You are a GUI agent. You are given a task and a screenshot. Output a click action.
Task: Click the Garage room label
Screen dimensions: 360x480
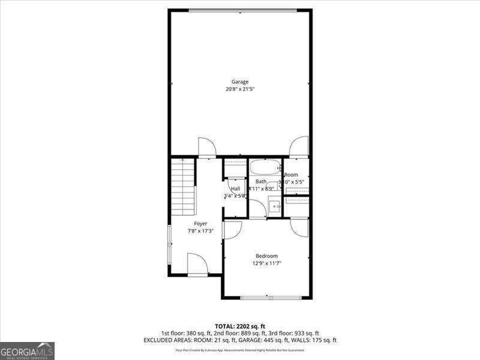[x=240, y=82]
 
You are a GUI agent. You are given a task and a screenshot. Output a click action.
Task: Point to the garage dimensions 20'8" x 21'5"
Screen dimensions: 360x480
[x=240, y=89]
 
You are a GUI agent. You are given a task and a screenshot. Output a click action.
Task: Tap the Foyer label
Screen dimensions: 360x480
[x=200, y=224]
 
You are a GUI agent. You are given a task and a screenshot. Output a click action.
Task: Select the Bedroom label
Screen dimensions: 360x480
[x=266, y=256]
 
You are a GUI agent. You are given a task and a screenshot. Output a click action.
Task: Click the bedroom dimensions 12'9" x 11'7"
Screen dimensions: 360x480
[x=266, y=263]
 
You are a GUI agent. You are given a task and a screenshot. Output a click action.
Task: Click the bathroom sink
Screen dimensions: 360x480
[x=275, y=207]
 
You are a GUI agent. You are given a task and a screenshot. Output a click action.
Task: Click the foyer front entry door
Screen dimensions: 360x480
[x=197, y=265]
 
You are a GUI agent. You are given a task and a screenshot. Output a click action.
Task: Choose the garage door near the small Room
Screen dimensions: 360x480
[x=298, y=147]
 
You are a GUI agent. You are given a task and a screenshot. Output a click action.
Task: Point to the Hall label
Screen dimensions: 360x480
[x=235, y=188]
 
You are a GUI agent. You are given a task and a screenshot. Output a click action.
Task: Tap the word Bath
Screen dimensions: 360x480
[x=261, y=181]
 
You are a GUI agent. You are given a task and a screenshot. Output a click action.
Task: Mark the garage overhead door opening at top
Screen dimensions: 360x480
[x=242, y=10]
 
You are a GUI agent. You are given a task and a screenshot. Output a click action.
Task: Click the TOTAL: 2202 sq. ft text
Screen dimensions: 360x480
[x=240, y=326]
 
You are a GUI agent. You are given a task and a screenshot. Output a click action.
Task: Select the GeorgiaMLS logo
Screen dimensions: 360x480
[x=27, y=350]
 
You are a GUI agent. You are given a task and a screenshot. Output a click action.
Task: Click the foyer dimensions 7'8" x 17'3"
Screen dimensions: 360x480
[x=200, y=231]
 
